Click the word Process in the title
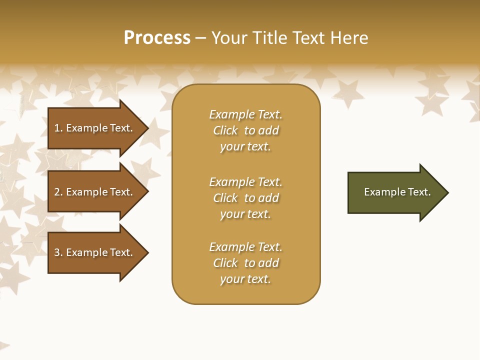click(x=157, y=38)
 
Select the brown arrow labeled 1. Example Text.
click(x=95, y=128)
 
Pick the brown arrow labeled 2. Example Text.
click(x=95, y=192)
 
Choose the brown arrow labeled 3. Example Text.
click(x=95, y=252)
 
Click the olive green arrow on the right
click(x=395, y=192)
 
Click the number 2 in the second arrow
click(x=57, y=192)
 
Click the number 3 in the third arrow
click(x=57, y=252)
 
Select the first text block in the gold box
click(x=245, y=130)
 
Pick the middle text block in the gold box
click(x=245, y=198)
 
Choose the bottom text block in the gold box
click(x=245, y=263)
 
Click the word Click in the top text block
click(x=225, y=130)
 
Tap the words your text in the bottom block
click(x=245, y=279)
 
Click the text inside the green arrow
click(x=397, y=192)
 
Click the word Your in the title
click(x=229, y=38)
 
